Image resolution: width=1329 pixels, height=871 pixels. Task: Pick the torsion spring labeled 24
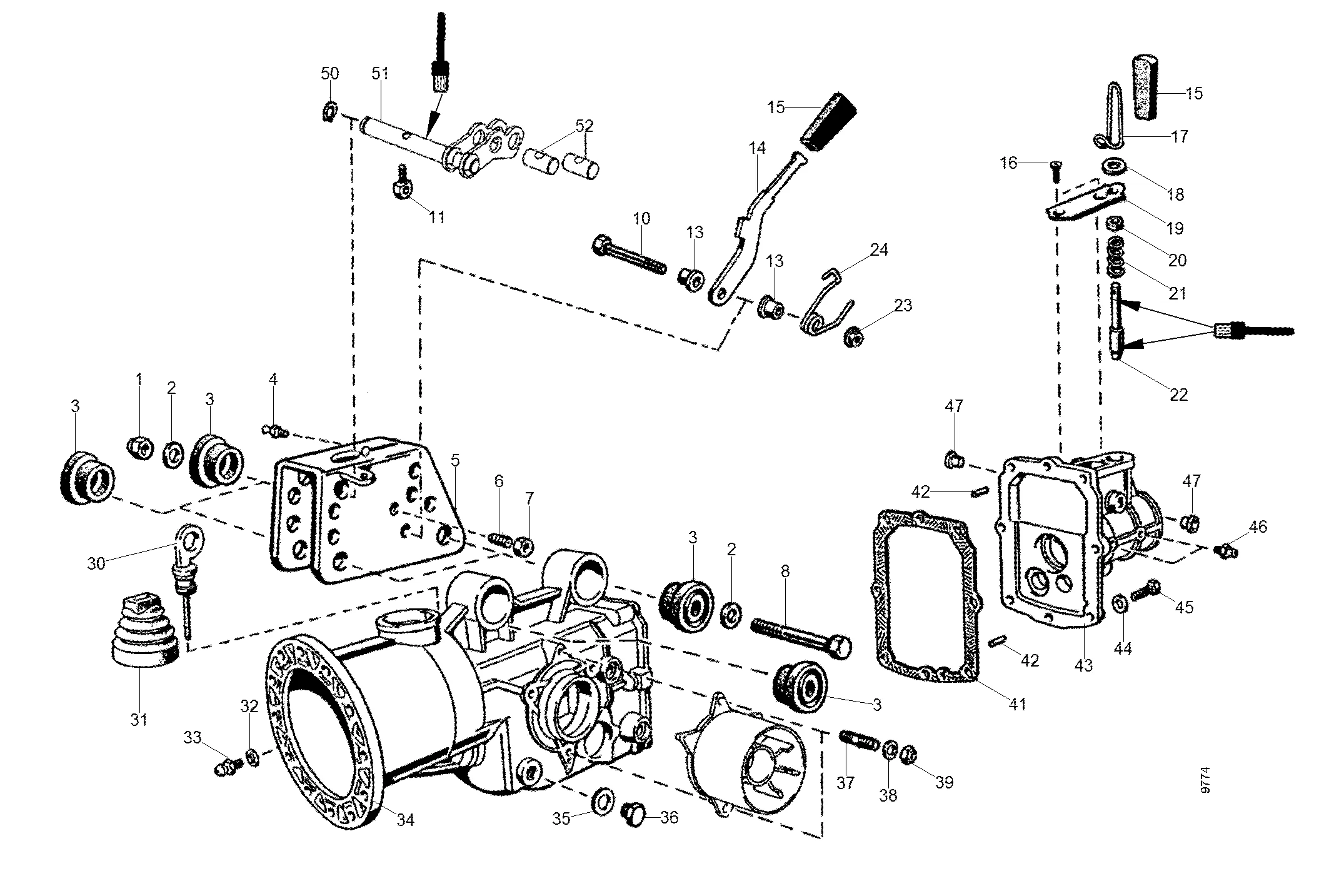pos(827,303)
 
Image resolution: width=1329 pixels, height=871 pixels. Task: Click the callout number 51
pos(380,73)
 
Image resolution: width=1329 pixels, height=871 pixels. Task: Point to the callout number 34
pos(406,819)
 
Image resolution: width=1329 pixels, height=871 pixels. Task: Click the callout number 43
pos(1084,665)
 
